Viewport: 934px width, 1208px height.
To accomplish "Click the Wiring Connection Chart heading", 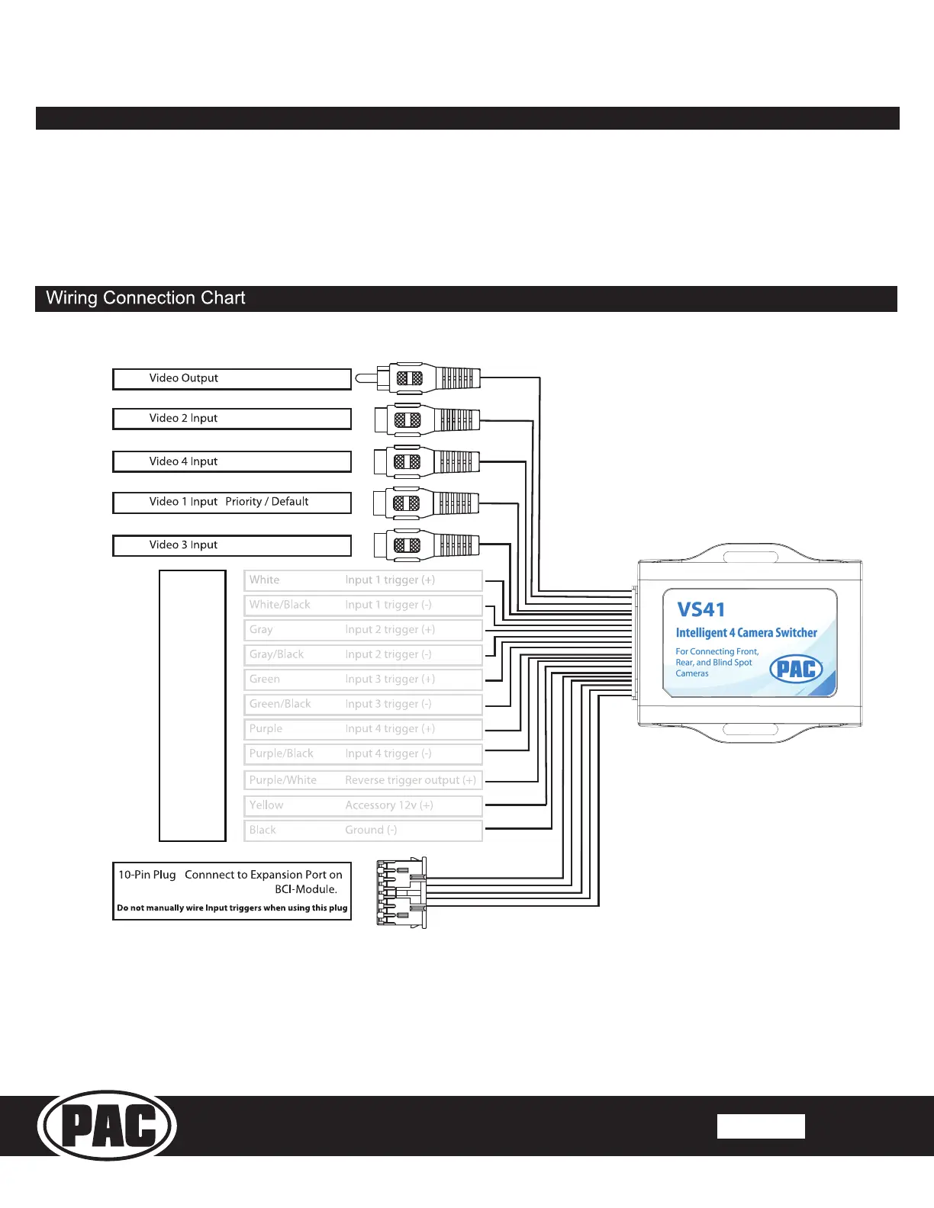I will pyautogui.click(x=146, y=298).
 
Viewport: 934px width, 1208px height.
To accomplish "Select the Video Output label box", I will pyautogui.click(x=231, y=379).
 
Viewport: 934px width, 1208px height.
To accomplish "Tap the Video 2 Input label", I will pyautogui.click(x=183, y=419).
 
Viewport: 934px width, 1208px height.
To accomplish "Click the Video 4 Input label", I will pyautogui.click(x=183, y=461).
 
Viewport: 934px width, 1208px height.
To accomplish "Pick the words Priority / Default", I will pyautogui.click(x=267, y=502).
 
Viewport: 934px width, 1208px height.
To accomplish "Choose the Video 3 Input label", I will pyautogui.click(x=183, y=545).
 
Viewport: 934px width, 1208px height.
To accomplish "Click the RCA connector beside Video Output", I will pyautogui.click(x=420, y=377).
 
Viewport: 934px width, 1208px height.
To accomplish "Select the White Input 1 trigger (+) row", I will pyautogui.click(x=363, y=580).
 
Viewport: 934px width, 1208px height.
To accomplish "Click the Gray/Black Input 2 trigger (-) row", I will pyautogui.click(x=363, y=654).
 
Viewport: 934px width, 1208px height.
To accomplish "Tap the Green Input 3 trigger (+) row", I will pyautogui.click(x=363, y=679).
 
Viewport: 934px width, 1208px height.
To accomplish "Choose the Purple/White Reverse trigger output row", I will pyautogui.click(x=363, y=780).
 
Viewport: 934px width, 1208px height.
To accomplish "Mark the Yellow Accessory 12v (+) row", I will pyautogui.click(x=363, y=805).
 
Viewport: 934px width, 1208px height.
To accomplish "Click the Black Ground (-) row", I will pyautogui.click(x=363, y=830).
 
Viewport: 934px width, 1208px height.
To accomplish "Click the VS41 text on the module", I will pyautogui.click(x=700, y=610).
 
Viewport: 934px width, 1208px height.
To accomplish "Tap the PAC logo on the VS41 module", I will pyautogui.click(x=796, y=670).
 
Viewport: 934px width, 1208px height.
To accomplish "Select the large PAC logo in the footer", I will pyautogui.click(x=108, y=1126).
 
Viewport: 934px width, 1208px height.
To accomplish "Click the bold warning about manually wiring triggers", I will pyautogui.click(x=232, y=908).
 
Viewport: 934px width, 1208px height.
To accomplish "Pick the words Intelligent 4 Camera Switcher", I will pyautogui.click(x=746, y=633).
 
